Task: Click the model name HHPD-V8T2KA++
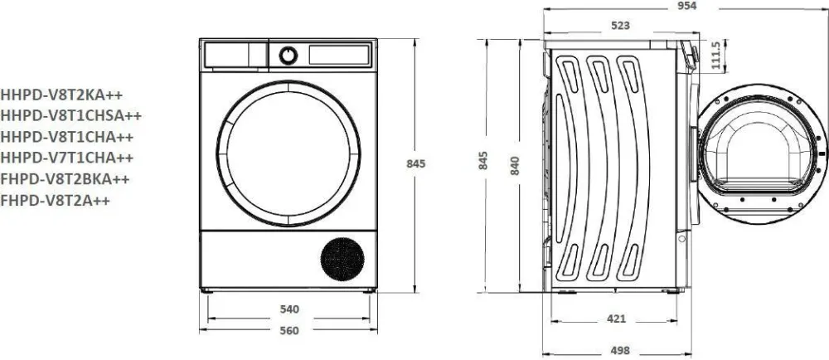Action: click(61, 95)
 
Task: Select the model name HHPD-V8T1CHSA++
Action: click(70, 116)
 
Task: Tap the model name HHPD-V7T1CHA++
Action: click(66, 158)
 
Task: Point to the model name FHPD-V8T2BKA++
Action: click(65, 179)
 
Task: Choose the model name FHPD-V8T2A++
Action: click(55, 201)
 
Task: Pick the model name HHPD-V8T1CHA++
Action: click(66, 137)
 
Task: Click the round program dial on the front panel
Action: click(288, 55)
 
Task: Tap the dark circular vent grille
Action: click(342, 259)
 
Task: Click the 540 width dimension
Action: click(289, 309)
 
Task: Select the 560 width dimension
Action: click(289, 331)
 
